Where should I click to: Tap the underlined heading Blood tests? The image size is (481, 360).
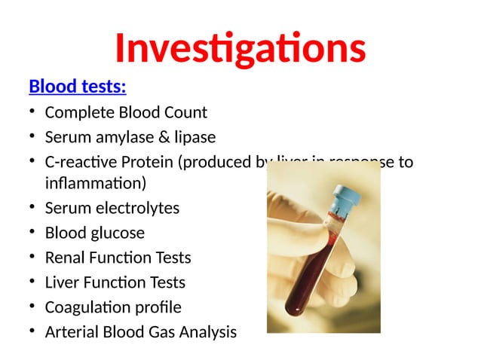77,86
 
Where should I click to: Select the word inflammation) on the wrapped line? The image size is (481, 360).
95,183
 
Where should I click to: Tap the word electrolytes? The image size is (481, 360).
136,208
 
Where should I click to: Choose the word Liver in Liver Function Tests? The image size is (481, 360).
63,282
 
